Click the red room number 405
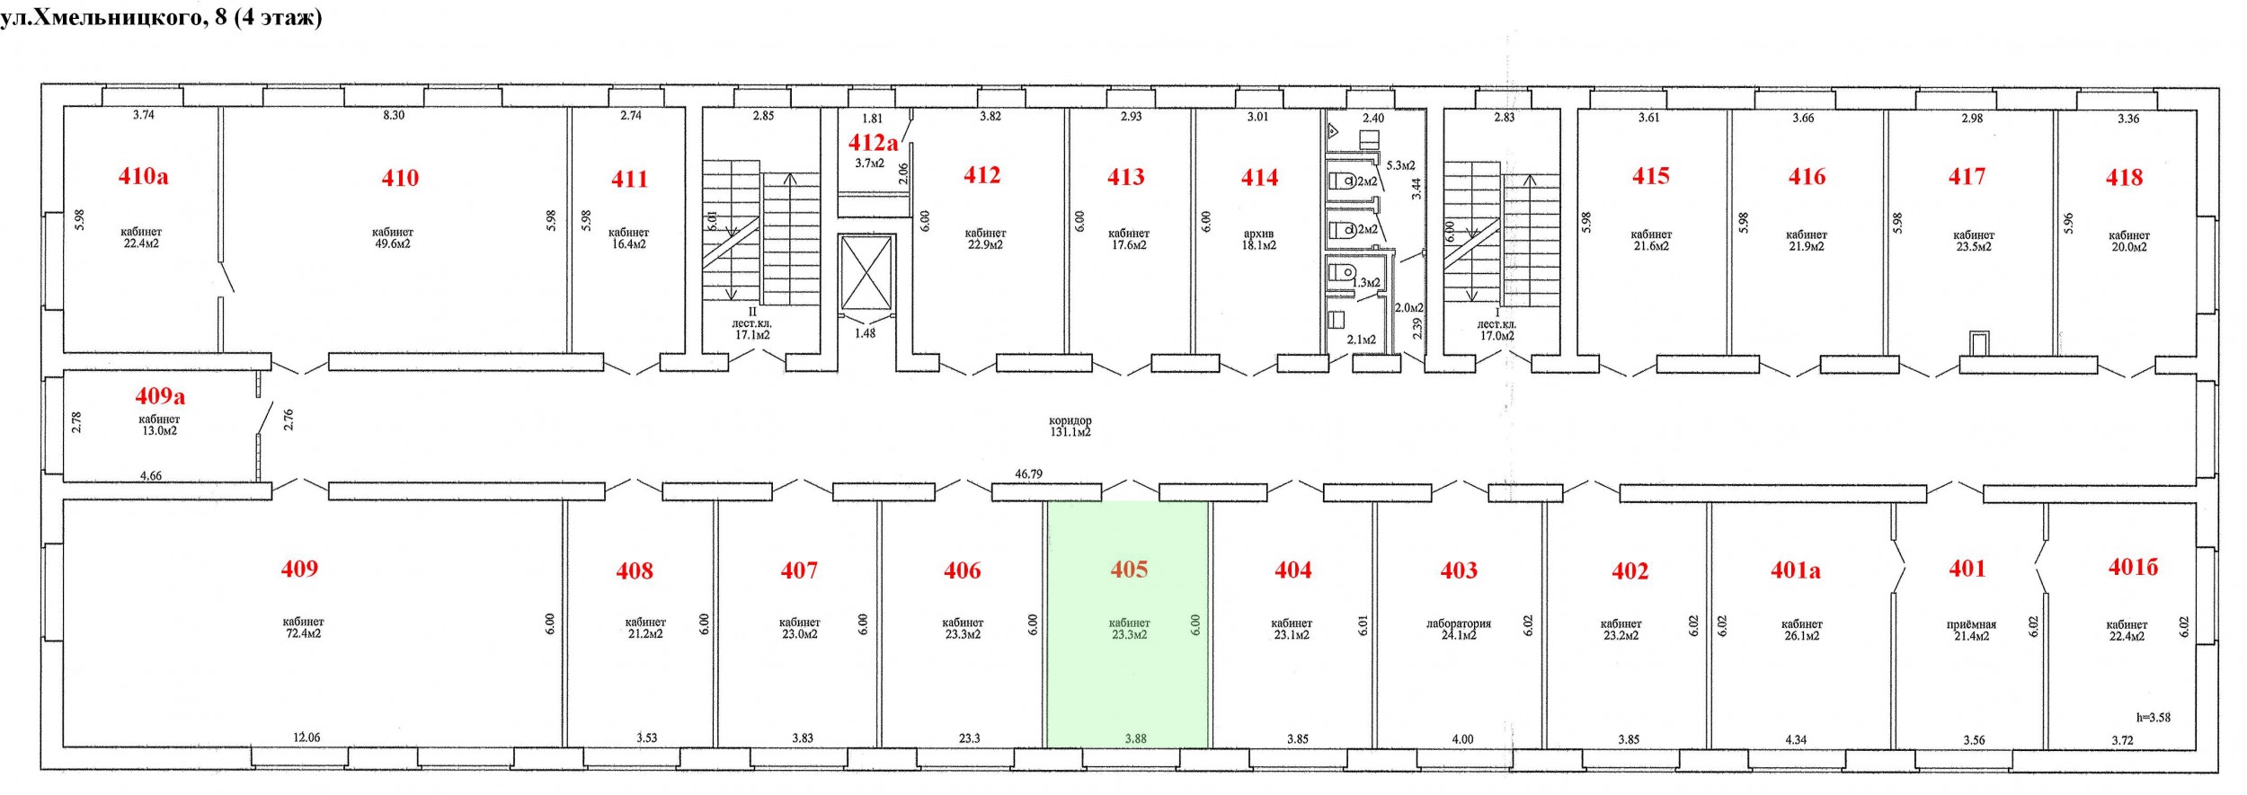(1129, 570)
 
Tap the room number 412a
(873, 142)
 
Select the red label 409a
(160, 395)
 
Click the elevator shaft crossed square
(866, 272)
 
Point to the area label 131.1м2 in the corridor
(1070, 432)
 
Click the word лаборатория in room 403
(1459, 623)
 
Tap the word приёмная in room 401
(1971, 624)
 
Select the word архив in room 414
(1258, 234)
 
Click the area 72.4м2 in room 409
(303, 633)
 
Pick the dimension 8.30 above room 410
(394, 115)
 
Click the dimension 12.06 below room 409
(306, 738)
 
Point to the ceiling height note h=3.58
(2154, 717)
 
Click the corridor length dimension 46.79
(1028, 473)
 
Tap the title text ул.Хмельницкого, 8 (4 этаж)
(161, 17)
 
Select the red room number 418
(2124, 178)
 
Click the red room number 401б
(2133, 567)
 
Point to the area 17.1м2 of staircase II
(752, 335)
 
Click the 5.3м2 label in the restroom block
(1400, 165)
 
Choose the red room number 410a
(143, 176)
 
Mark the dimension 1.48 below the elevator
(865, 333)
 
